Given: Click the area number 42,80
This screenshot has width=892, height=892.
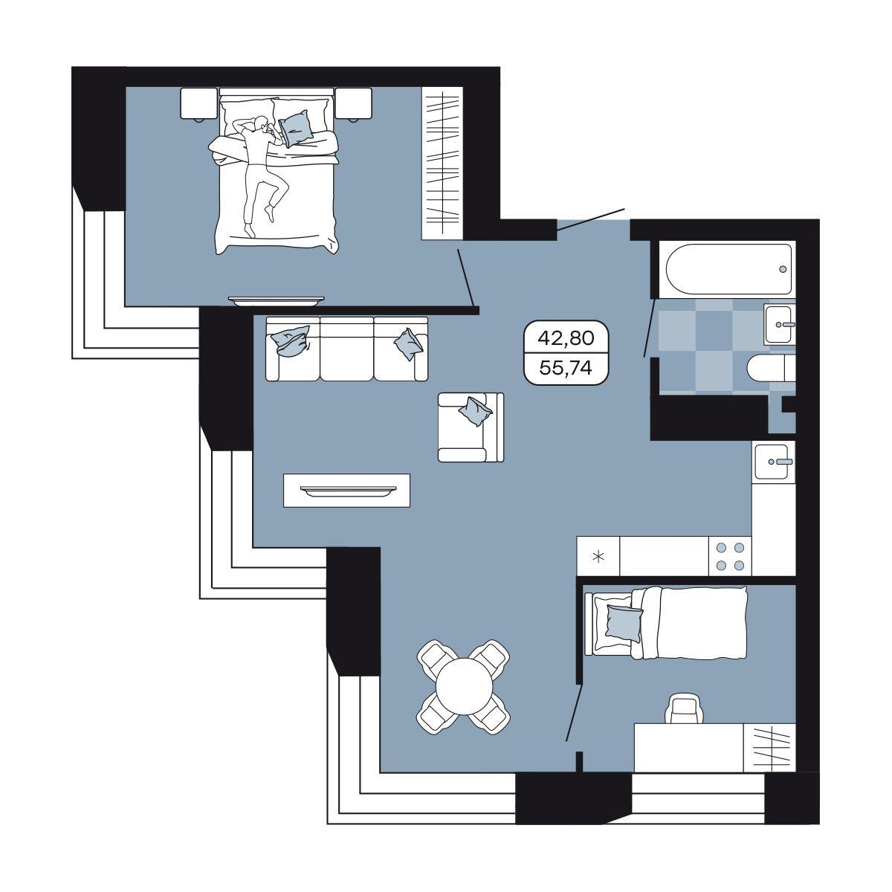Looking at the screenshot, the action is (x=566, y=338).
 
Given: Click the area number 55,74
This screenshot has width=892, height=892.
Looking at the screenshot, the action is (x=566, y=368).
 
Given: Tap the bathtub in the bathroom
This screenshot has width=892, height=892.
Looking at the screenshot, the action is (x=728, y=268).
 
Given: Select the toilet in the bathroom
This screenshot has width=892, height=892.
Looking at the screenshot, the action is (x=770, y=369).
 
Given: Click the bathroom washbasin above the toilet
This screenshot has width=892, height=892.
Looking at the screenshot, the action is (x=780, y=324).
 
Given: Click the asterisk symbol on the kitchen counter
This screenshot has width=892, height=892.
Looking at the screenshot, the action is (x=599, y=557).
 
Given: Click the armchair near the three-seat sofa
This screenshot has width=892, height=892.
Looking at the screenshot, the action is (x=471, y=427).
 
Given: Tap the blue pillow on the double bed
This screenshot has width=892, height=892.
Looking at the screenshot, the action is (x=297, y=128).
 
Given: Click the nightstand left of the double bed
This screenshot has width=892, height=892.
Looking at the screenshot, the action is (x=199, y=105).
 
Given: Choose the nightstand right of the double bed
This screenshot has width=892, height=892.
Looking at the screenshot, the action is (x=354, y=105).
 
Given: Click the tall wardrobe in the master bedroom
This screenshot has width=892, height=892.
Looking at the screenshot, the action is (x=442, y=163).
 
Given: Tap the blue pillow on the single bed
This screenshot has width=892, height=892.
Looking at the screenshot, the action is (x=623, y=623).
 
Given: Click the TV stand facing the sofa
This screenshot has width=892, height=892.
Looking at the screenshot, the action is (x=346, y=490).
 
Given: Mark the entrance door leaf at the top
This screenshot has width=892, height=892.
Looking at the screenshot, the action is (x=591, y=219).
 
